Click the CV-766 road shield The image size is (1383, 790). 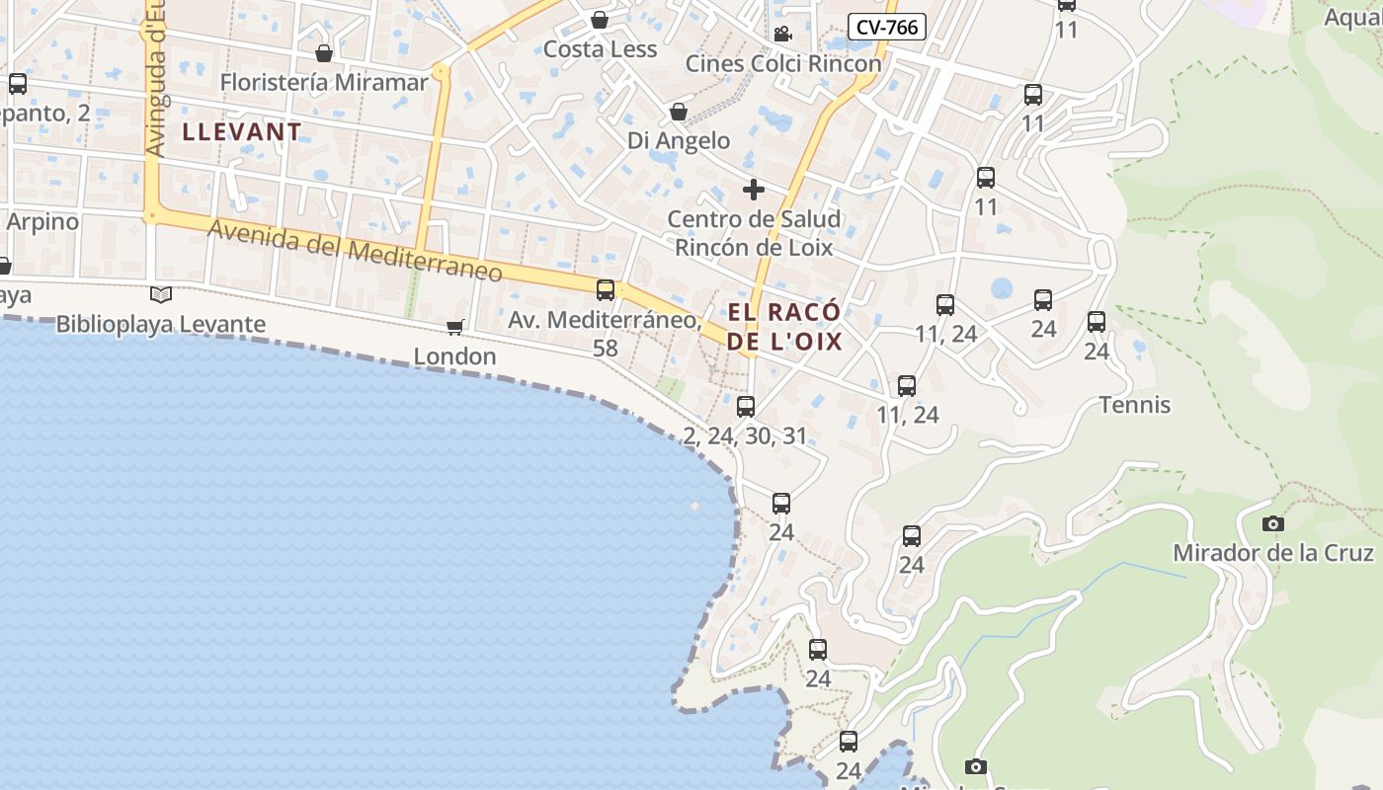pos(886,27)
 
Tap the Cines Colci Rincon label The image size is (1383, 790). pos(783,64)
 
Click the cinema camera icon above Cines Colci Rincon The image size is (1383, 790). pos(782,35)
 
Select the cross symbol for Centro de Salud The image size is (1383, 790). pos(754,189)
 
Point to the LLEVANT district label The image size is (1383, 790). pos(242,131)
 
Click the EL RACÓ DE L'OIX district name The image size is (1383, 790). pos(785,327)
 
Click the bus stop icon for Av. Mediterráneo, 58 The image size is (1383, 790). pos(606,290)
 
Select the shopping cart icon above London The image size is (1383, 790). pos(455,327)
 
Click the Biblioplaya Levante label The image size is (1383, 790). pos(161,324)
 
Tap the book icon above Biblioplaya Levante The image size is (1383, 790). pos(161,294)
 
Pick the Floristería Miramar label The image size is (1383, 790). pos(324,82)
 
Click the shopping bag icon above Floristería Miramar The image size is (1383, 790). pos(324,52)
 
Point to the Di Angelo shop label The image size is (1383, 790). pos(679,141)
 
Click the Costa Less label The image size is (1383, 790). pos(600,49)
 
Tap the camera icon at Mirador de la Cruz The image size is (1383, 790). pos(1273,523)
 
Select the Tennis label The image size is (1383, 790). pos(1135,405)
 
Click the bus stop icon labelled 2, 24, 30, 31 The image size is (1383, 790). pos(746,406)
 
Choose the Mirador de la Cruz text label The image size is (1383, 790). pos(1273,553)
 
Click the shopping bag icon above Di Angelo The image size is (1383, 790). pos(679,112)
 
